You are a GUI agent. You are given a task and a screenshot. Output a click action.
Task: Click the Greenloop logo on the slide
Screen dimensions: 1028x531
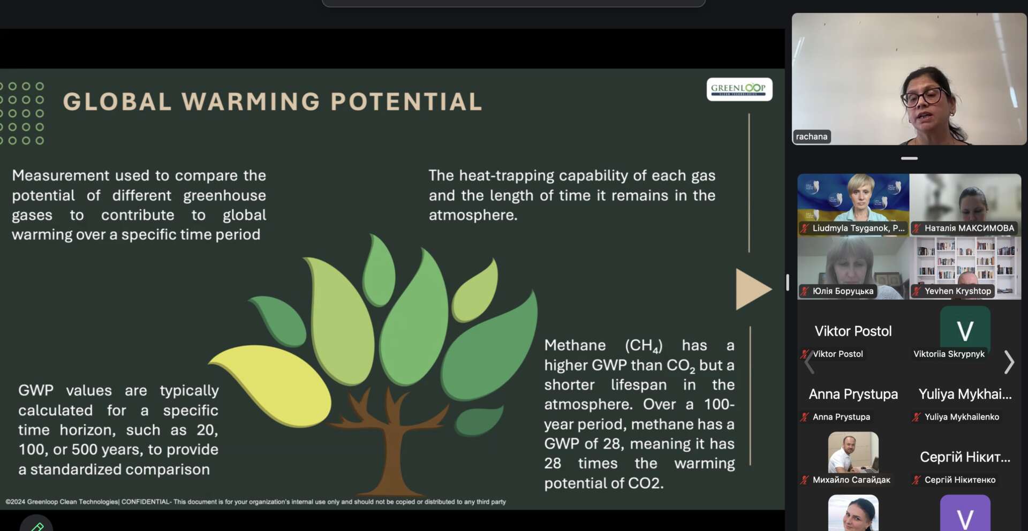[739, 89]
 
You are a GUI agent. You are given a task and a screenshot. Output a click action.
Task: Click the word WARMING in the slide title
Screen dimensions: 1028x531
[251, 102]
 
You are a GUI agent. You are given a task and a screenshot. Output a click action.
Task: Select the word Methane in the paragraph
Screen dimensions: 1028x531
[575, 345]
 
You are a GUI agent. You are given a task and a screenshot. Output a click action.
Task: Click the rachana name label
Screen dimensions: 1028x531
[812, 136]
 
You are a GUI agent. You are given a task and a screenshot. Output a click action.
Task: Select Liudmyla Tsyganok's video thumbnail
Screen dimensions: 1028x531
[853, 204]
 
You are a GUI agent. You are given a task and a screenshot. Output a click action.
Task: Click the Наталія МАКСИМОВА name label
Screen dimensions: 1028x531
[969, 228]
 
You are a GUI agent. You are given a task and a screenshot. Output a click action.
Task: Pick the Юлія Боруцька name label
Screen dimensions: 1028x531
[843, 291]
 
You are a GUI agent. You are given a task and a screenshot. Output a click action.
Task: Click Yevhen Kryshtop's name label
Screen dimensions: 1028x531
[958, 291]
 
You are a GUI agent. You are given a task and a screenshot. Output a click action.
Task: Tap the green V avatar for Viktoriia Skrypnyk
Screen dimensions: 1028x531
[965, 330]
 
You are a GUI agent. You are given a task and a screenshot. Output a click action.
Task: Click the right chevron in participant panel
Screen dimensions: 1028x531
[1009, 362]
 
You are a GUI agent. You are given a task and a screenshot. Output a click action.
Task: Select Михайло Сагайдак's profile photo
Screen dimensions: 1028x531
[853, 452]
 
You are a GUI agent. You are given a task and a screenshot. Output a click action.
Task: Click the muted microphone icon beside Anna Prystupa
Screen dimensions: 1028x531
[804, 417]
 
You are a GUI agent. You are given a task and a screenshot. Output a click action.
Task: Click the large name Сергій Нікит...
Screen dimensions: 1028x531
[965, 457]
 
